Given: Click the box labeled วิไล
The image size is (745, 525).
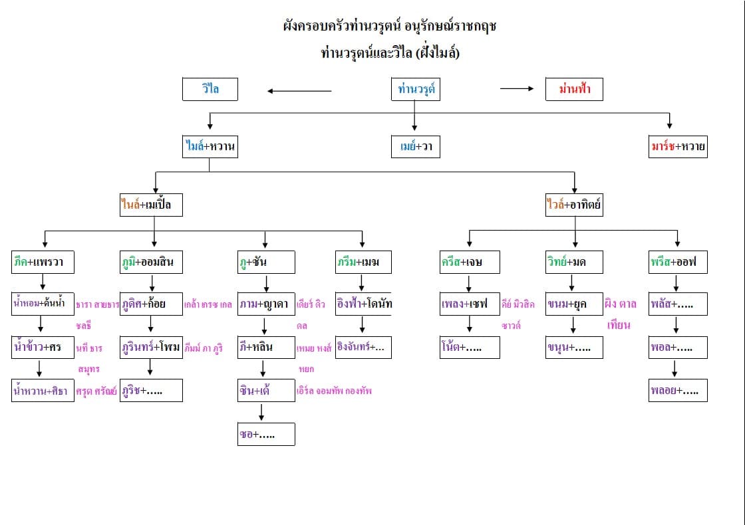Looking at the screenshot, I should click(x=210, y=89).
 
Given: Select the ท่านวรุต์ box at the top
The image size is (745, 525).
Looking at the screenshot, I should click(x=416, y=89).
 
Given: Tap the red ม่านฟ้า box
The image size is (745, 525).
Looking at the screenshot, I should click(x=573, y=89).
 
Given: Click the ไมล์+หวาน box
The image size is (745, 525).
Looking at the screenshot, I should click(x=210, y=147).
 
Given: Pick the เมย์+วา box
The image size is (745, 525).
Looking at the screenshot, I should click(x=416, y=147).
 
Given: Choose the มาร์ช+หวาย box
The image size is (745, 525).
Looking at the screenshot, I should click(x=678, y=147).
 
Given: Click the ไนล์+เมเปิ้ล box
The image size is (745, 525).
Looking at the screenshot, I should click(x=150, y=205).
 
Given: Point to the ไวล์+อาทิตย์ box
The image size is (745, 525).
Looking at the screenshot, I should click(x=574, y=205).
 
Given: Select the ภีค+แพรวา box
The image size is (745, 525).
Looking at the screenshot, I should click(x=43, y=262).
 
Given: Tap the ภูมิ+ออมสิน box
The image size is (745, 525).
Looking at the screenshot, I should click(x=151, y=262).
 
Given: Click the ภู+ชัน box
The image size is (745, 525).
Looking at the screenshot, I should click(x=266, y=262).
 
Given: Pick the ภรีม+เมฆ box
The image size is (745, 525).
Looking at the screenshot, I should click(x=363, y=262).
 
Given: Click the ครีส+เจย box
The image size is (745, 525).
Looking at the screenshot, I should click(x=470, y=262).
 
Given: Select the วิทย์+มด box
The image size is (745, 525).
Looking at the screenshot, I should click(x=574, y=262).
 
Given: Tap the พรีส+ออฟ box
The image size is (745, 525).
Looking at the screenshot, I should click(x=678, y=262).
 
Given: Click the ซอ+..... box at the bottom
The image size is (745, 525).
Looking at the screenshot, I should click(x=266, y=434).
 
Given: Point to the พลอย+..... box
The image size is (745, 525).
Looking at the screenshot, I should click(x=678, y=391).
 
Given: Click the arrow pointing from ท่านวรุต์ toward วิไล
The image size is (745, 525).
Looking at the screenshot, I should click(x=299, y=90).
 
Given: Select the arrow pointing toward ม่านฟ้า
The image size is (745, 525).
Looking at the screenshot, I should click(x=517, y=88).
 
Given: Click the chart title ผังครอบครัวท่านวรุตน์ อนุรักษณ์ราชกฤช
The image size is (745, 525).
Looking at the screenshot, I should click(x=390, y=27).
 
